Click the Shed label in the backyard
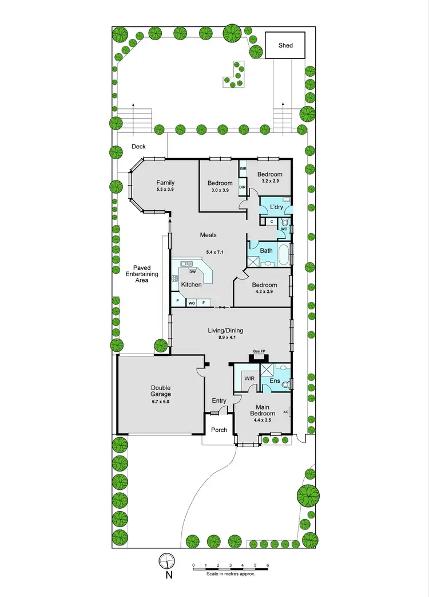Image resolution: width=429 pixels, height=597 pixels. pyautogui.click(x=285, y=45)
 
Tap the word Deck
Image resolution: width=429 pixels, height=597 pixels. pyautogui.click(x=138, y=147)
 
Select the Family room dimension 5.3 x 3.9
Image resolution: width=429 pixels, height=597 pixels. pyautogui.click(x=165, y=190)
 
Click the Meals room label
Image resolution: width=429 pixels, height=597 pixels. pyautogui.click(x=208, y=235)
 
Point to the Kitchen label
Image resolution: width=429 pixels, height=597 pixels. pyautogui.click(x=191, y=285)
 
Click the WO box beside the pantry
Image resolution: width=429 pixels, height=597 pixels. pyautogui.click(x=192, y=303)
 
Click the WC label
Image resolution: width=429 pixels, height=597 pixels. pyautogui.click(x=284, y=230)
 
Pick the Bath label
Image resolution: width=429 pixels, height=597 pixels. pyautogui.click(x=266, y=250)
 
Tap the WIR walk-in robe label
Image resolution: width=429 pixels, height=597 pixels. pyautogui.click(x=249, y=379)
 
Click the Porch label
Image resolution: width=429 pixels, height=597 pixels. pyautogui.click(x=219, y=430)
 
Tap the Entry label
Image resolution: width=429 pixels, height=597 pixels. pyautogui.click(x=219, y=400)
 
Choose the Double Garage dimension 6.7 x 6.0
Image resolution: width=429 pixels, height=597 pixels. pyautogui.click(x=161, y=402)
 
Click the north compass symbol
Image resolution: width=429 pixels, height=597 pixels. pyautogui.click(x=166, y=560)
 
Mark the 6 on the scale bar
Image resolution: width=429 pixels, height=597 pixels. pyautogui.click(x=268, y=565)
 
